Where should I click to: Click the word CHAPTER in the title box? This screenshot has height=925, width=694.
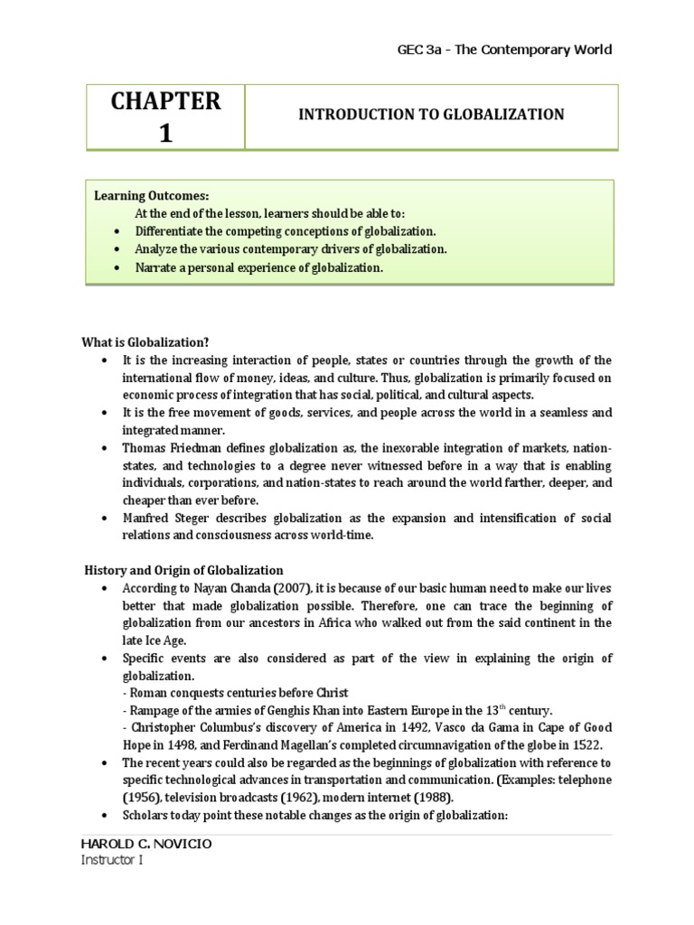tap(165, 101)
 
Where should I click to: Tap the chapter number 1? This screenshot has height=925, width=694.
tap(165, 133)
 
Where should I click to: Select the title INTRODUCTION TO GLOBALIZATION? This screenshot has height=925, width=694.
tap(431, 115)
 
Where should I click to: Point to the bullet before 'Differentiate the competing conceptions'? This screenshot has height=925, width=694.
tap(117, 231)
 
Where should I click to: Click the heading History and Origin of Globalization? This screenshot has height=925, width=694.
tap(184, 570)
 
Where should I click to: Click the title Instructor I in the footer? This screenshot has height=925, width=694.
tap(112, 860)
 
